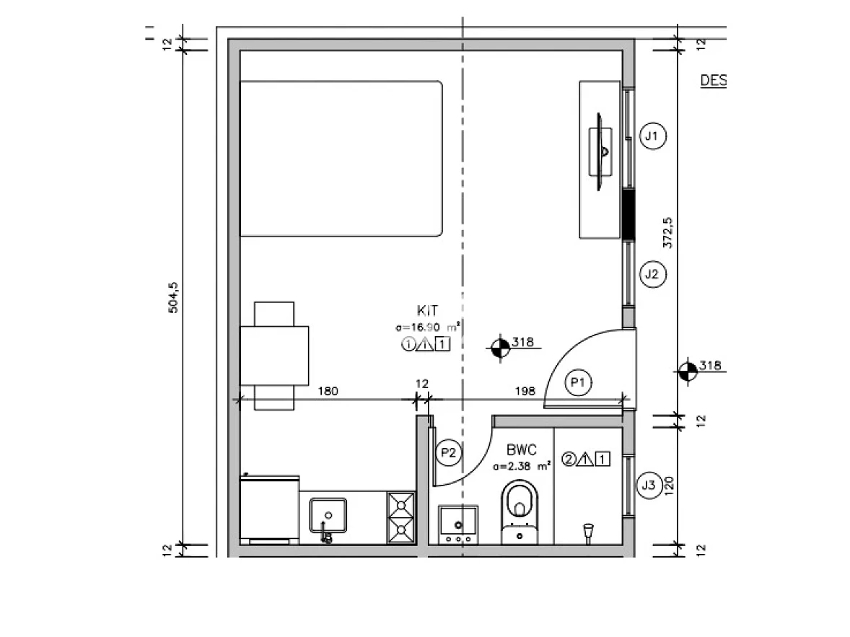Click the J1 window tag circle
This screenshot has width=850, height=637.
[x=653, y=136]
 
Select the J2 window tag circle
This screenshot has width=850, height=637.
[x=652, y=274]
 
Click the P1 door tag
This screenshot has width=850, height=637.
[x=577, y=383]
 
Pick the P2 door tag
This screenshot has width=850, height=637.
[x=449, y=452]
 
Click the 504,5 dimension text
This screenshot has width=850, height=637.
[x=172, y=297]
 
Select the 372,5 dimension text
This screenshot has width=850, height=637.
[x=667, y=232]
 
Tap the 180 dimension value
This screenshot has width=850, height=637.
[x=328, y=391]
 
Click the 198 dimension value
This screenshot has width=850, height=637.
[x=525, y=391]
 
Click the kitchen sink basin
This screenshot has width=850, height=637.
[x=329, y=515]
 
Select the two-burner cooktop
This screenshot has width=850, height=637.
[x=401, y=517]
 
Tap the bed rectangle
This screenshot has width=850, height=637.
[x=341, y=159]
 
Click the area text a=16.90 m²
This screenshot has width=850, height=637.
[x=429, y=328]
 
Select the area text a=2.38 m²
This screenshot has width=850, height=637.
[x=522, y=466]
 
